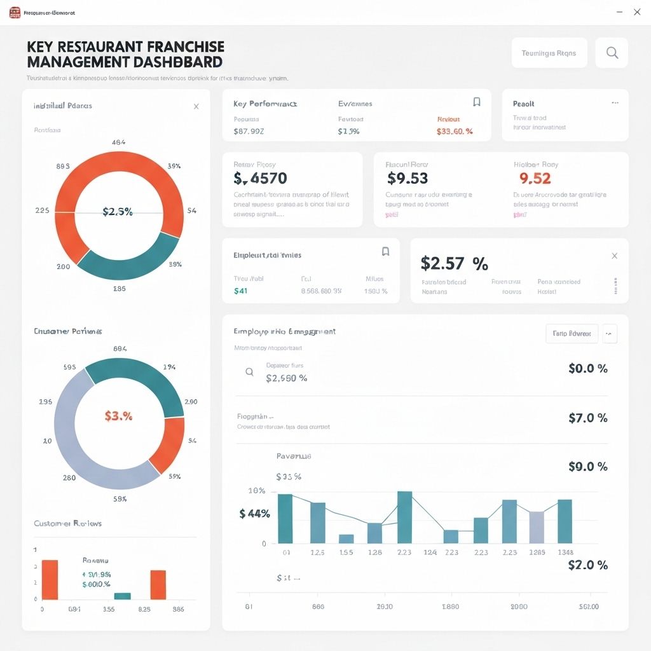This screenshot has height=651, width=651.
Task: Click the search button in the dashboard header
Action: tap(612, 53)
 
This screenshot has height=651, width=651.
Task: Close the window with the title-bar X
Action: tap(637, 12)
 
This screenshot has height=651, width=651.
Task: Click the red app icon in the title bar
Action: tap(15, 12)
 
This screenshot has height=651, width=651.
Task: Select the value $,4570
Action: tap(260, 179)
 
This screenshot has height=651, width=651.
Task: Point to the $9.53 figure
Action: tap(408, 179)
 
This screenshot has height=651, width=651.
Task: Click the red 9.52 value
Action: tap(535, 179)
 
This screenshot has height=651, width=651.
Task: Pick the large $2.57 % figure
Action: tap(454, 263)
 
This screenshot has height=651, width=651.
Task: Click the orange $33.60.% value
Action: tap(455, 132)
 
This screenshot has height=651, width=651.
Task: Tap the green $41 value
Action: tap(240, 291)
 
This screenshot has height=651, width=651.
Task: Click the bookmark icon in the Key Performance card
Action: tap(476, 102)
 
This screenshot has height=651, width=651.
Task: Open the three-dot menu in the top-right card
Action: tap(615, 102)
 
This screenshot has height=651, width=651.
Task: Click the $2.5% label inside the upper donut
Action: tap(118, 212)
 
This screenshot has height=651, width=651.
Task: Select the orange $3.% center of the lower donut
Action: tap(118, 416)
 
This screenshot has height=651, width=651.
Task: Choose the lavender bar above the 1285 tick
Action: tap(537, 527)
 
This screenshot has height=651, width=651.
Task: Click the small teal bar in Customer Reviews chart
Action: tap(122, 596)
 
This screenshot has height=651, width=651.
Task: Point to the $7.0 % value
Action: tap(587, 418)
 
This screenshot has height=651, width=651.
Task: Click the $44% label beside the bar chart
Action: tap(254, 514)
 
